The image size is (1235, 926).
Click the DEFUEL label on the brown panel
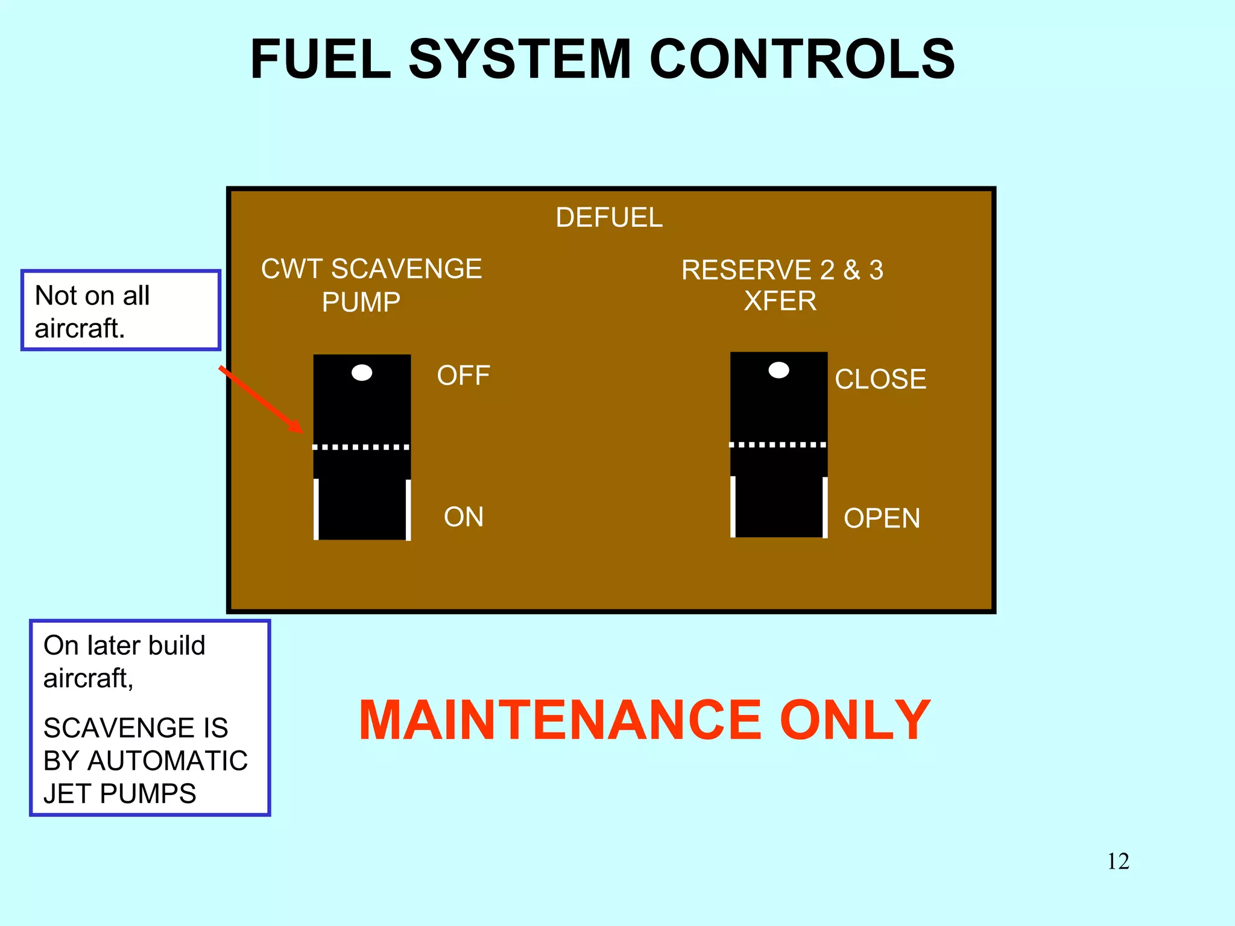[608, 218]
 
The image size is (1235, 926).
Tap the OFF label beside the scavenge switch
[463, 376]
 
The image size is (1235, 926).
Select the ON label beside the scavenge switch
[463, 517]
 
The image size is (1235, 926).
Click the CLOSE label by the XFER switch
[880, 379]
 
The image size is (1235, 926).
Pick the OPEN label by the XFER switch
[882, 518]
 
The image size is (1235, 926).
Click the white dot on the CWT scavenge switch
[362, 373]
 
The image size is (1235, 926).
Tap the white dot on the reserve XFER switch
[779, 370]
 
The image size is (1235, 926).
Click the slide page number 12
[1117, 861]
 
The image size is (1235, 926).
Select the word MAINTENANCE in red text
[560, 720]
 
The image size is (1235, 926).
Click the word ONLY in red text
[854, 720]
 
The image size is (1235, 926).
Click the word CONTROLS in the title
[801, 59]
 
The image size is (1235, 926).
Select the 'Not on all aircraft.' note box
[121, 310]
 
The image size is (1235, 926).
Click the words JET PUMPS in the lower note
[119, 793]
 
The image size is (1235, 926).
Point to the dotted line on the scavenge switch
[361, 447]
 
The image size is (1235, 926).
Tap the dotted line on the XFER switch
[778, 445]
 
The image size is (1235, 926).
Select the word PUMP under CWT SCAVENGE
[361, 302]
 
